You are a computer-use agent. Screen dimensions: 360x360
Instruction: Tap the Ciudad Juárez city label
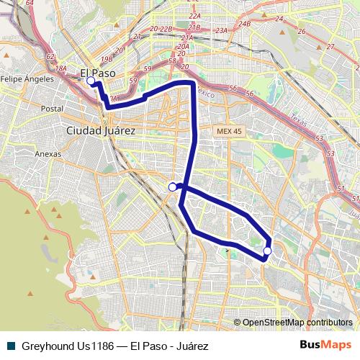click(100, 130)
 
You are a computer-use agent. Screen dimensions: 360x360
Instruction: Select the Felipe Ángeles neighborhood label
click(27, 78)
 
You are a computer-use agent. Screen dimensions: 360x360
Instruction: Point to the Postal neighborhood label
click(52, 109)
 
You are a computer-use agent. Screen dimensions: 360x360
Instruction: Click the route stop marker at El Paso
click(91, 81)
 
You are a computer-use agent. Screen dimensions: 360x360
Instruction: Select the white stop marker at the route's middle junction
click(172, 187)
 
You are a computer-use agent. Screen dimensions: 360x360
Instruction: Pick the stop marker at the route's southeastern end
click(267, 251)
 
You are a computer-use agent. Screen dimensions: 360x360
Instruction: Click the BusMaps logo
click(325, 345)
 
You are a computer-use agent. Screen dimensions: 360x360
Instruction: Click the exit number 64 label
click(30, 3)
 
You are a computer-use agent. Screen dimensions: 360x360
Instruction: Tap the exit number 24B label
click(245, 24)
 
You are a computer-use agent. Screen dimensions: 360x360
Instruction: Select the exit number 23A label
click(221, 30)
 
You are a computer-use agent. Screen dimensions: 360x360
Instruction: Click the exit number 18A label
click(61, 68)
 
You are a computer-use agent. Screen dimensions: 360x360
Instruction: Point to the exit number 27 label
click(330, 46)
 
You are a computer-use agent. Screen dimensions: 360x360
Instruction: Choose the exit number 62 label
click(50, 55)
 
